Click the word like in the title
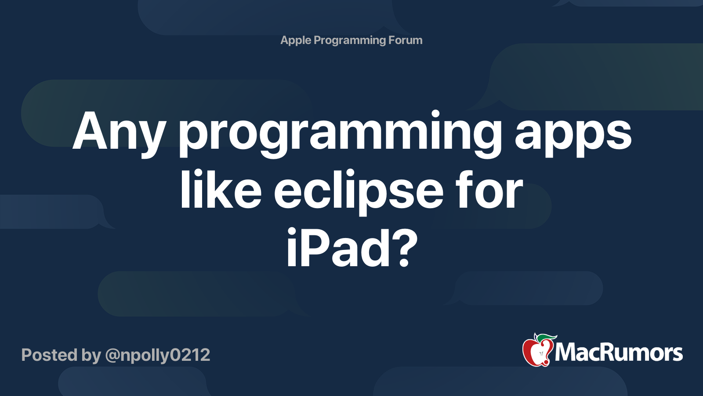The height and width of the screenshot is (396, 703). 221,191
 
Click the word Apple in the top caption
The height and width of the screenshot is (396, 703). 296,40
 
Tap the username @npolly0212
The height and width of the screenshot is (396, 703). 158,356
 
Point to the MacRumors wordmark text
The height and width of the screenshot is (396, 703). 619,353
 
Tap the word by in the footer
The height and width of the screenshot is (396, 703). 91,356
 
